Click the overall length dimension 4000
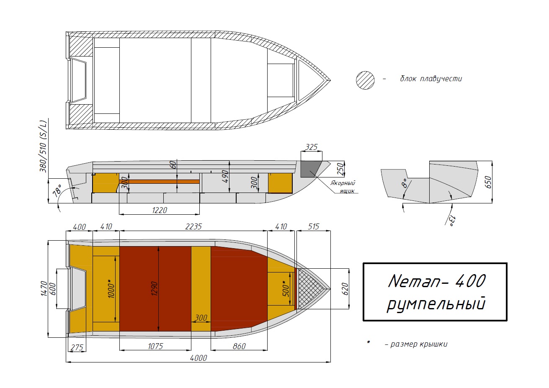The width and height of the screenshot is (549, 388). coord(198,358)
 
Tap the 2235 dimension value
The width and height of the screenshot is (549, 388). coord(193,226)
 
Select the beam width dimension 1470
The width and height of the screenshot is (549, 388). coord(44,288)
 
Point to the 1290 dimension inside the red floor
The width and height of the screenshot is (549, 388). coord(155,288)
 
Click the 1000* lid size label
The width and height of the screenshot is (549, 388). coord(111,288)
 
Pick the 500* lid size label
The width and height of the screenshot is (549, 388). coord(286,288)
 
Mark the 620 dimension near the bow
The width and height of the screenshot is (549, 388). coord(345,288)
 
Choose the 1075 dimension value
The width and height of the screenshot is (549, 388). coord(155,346)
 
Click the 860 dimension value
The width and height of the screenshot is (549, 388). coord(239,346)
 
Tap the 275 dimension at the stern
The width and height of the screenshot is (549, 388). coord(77,347)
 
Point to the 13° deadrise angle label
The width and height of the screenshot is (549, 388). coord(451,221)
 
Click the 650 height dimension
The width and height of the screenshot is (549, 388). coord(488,182)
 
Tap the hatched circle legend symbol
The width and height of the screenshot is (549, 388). coord(365,80)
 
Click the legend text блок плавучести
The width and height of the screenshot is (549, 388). coord(431,79)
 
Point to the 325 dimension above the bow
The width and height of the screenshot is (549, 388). coord(311,147)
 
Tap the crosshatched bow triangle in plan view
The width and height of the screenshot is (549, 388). coord(311,288)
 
